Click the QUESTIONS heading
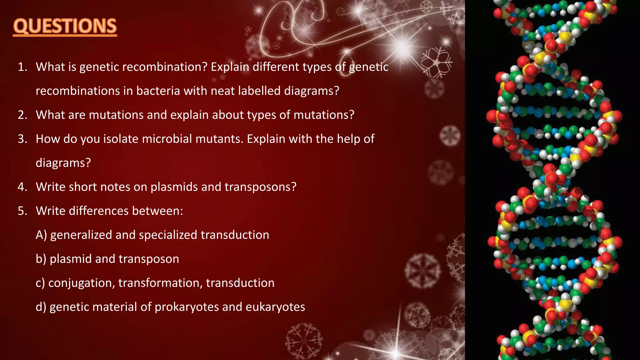click(65, 26)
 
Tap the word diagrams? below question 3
click(63, 163)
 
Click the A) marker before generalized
click(41, 235)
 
